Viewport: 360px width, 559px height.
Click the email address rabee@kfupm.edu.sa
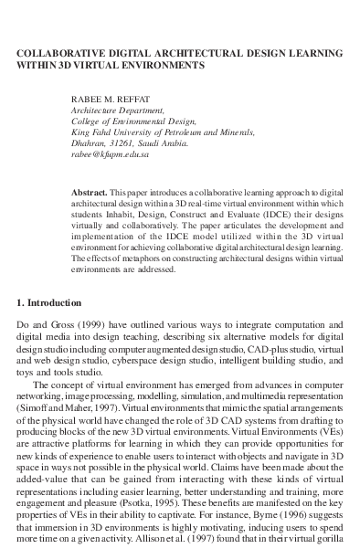(x=111, y=154)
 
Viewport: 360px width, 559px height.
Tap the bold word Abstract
(x=88, y=194)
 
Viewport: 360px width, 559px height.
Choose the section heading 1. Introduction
(x=56, y=302)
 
